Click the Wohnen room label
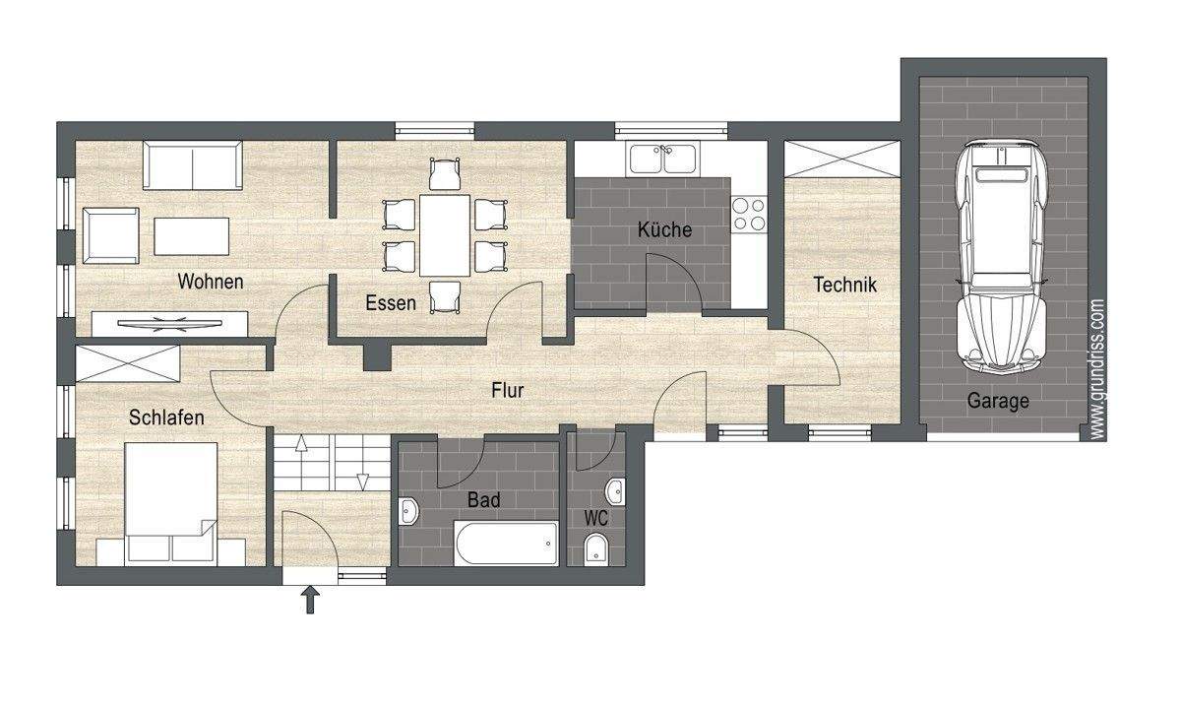(x=210, y=282)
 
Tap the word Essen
(x=391, y=303)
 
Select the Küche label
(x=664, y=230)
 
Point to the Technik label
(x=844, y=286)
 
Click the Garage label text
(x=997, y=401)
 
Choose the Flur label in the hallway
(x=507, y=390)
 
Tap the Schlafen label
(x=166, y=417)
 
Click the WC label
(x=595, y=517)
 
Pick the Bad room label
(x=483, y=500)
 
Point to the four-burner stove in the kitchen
(x=748, y=214)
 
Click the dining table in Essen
(x=445, y=234)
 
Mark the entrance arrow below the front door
(x=311, y=599)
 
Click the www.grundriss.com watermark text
(x=1097, y=368)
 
